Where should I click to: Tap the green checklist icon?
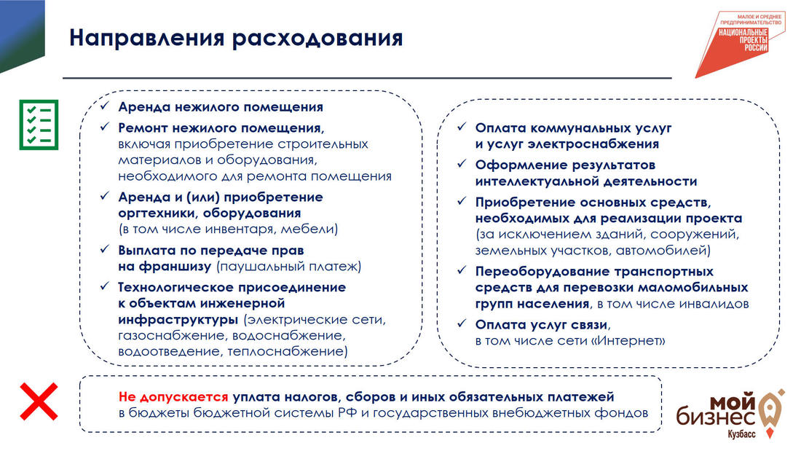[x=39, y=125]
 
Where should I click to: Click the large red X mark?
[x=39, y=402]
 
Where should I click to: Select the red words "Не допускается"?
[x=173, y=397]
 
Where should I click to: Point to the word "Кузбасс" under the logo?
[x=741, y=434]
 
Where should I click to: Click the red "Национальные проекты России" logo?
[x=741, y=44]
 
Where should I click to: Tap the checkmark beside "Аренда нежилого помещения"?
[x=105, y=106]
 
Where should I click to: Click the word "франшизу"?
[x=175, y=267]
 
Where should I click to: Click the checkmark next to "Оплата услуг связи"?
[x=462, y=323]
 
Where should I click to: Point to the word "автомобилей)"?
[x=663, y=251]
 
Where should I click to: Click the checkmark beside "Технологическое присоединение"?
[x=105, y=286]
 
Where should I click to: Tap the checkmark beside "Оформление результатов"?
[x=462, y=164]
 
